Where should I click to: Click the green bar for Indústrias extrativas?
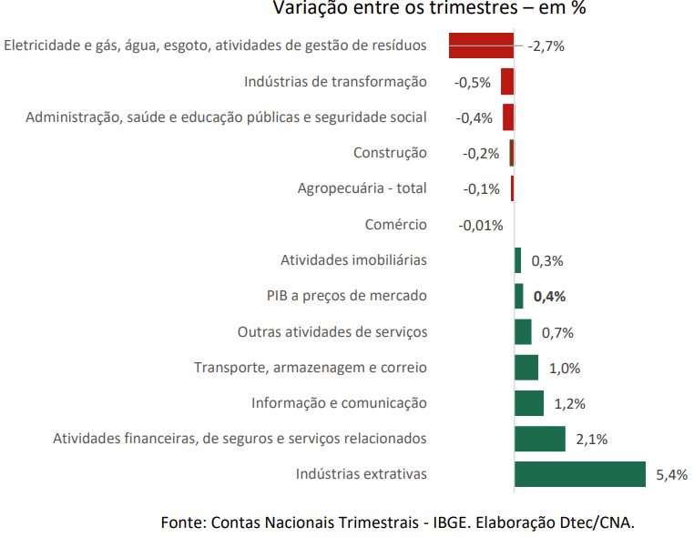[579, 474]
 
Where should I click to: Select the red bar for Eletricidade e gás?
[481, 46]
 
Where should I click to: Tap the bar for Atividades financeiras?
[539, 439]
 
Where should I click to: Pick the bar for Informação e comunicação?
[528, 403]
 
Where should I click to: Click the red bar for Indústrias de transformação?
[507, 82]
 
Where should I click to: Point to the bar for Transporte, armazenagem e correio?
[526, 368]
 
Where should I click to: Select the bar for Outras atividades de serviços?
[523, 332]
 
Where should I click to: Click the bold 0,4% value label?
[549, 297]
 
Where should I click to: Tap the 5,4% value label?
[671, 475]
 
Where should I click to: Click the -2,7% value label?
[546, 46]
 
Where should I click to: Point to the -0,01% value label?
[480, 225]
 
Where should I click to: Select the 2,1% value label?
[591, 440]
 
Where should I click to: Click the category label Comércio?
[395, 225]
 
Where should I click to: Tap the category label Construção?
[389, 153]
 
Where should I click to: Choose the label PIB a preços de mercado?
[346, 296]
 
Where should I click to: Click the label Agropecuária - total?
[362, 188]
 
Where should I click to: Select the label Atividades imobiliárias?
[353, 260]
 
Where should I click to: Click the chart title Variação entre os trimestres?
[429, 9]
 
